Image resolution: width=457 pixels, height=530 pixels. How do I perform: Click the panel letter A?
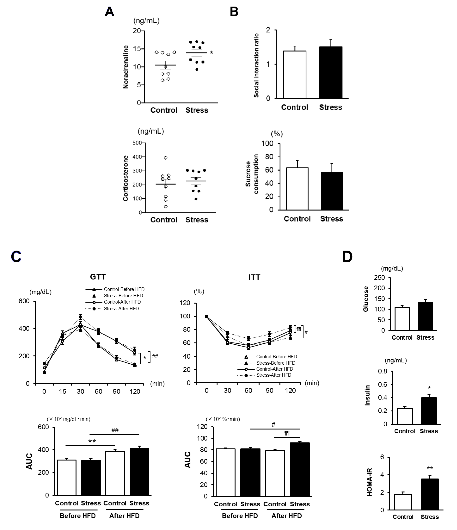point(109,12)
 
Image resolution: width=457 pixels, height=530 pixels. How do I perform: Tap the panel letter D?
point(347,257)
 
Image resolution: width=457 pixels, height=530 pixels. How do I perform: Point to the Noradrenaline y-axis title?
point(126,67)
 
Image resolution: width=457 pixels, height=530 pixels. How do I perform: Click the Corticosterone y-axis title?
point(126,178)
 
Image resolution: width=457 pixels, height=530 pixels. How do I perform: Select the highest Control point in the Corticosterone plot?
point(166,158)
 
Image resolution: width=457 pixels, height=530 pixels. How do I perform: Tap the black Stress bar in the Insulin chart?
point(429,411)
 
